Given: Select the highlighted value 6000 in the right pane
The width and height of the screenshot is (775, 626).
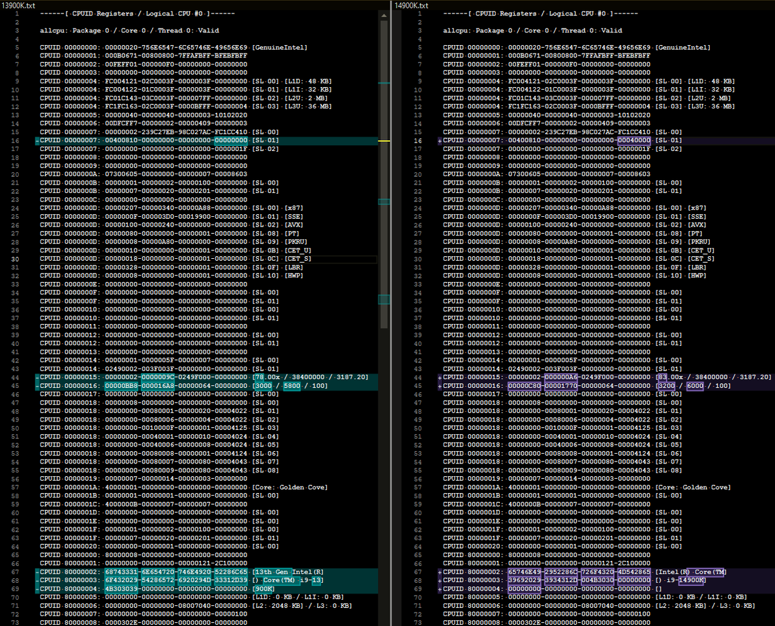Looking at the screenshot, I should pos(695,385).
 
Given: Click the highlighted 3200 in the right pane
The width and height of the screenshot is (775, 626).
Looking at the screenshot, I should pos(665,385).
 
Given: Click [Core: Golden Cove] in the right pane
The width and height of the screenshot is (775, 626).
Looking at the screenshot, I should pos(693,487).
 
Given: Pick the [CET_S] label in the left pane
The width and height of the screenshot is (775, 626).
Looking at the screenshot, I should pos(298,258).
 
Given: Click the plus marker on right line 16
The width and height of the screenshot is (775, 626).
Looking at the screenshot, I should pos(439,140).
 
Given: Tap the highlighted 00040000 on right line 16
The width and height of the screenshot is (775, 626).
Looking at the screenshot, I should pos(634,140).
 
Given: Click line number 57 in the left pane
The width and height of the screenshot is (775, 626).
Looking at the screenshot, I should pos(19,487).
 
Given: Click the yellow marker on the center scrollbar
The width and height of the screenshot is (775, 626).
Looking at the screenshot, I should pos(384,140).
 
